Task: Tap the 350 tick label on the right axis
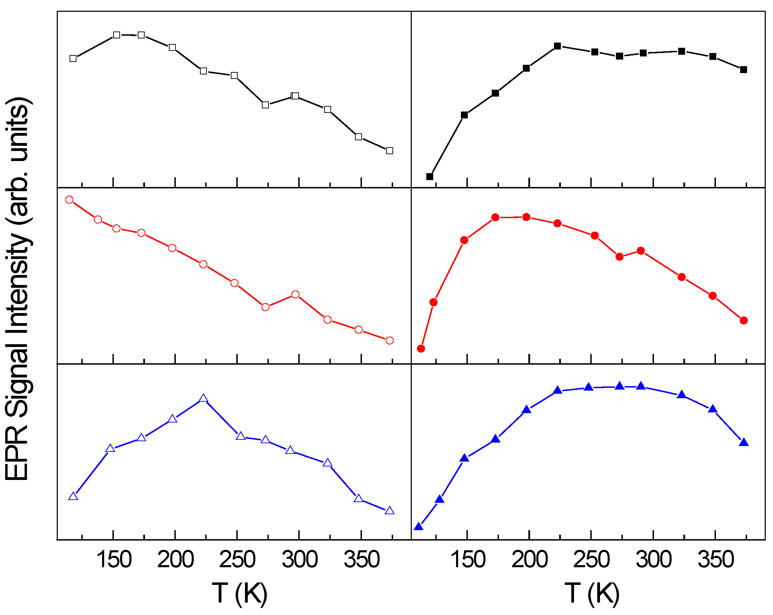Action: tap(716, 559)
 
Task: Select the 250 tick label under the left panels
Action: tap(237, 559)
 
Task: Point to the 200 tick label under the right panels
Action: tap(529, 559)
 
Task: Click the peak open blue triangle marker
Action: tap(203, 399)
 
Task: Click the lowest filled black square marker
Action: tap(430, 177)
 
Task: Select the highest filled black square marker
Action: tap(557, 46)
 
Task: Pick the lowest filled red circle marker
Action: tap(421, 349)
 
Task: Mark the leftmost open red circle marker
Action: tap(70, 200)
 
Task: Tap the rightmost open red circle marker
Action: tap(390, 340)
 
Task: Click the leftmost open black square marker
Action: tap(73, 59)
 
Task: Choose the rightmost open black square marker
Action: tap(390, 151)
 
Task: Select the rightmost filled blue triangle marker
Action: tap(744, 443)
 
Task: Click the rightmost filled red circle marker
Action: tap(744, 320)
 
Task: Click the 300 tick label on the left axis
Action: tap(299, 559)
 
